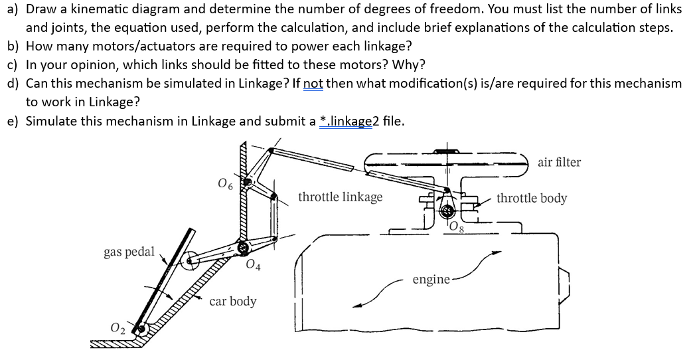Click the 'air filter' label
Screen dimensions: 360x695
(559, 162)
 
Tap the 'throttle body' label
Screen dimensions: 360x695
(532, 198)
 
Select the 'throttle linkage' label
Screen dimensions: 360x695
(340, 197)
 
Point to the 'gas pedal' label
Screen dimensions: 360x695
(129, 252)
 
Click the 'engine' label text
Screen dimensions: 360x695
(430, 280)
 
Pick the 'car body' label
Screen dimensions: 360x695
(232, 301)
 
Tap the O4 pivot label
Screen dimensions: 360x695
(252, 267)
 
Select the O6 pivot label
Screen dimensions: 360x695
(224, 183)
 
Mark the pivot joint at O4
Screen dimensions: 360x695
(243, 248)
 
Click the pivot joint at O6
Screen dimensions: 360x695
(247, 181)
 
